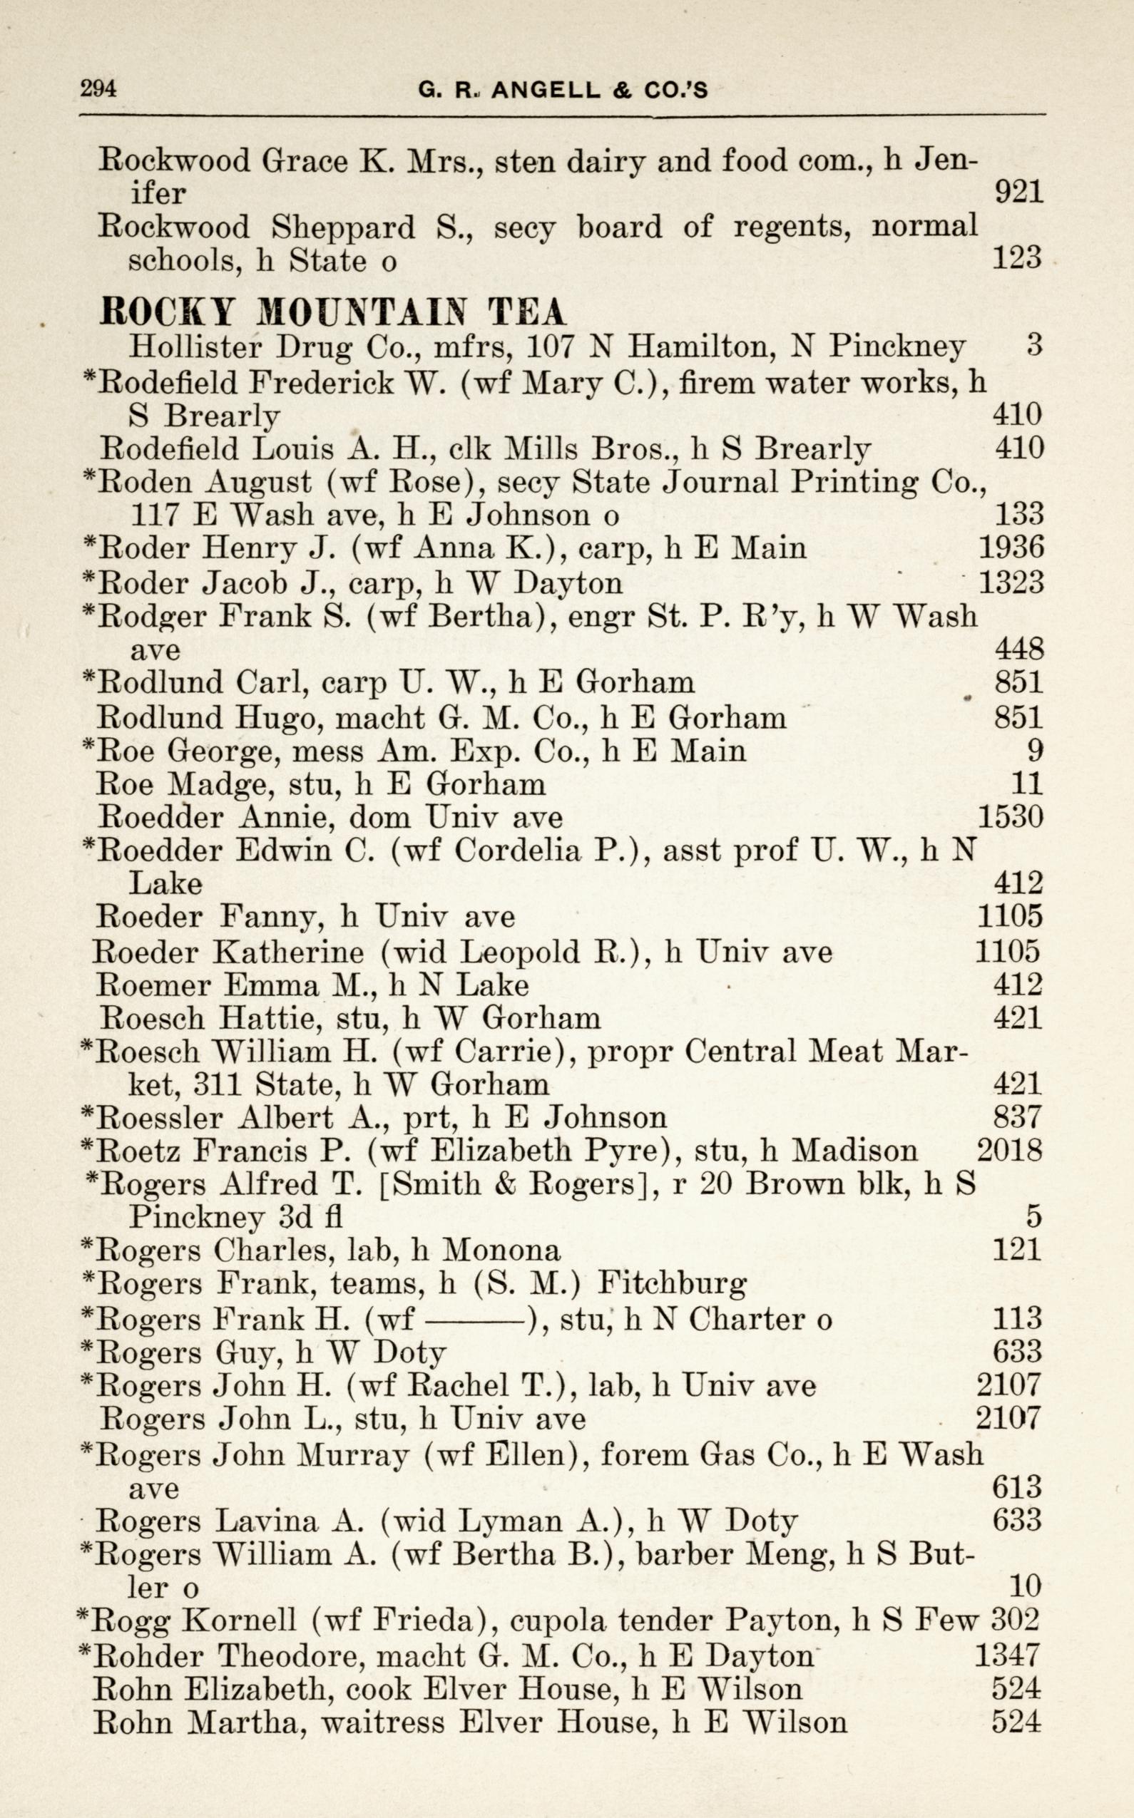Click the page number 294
(98, 88)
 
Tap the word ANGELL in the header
(546, 91)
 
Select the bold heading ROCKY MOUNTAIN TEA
(333, 311)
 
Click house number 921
(1018, 193)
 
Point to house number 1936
(1011, 548)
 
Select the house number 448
(1018, 649)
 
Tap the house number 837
(1018, 1118)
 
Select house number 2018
(1009, 1150)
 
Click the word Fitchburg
(671, 1284)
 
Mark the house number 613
(1017, 1486)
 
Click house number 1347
(1008, 1655)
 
